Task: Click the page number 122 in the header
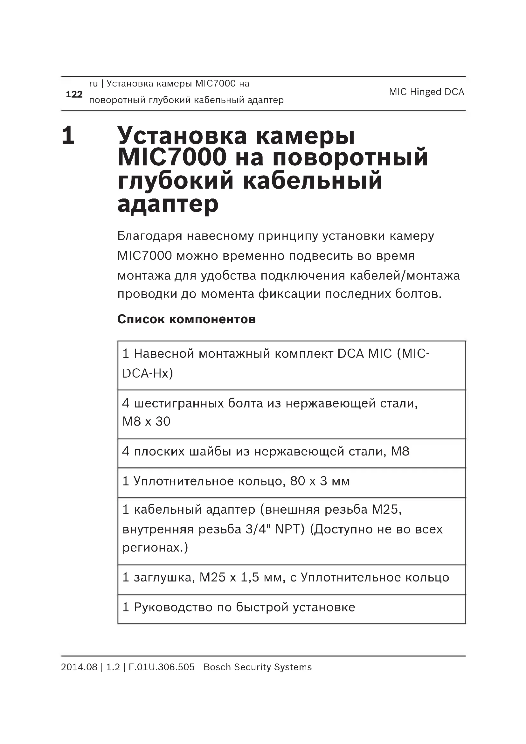74,94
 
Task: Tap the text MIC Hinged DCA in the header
426,92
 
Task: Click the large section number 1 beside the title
68,135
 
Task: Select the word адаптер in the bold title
168,204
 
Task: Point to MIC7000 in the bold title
172,157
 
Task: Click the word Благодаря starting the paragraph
150,236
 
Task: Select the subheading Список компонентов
186,319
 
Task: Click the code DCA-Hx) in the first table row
148,373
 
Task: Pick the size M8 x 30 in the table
146,421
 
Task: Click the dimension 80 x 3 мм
320,481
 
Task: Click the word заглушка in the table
164,577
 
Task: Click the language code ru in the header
93,84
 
